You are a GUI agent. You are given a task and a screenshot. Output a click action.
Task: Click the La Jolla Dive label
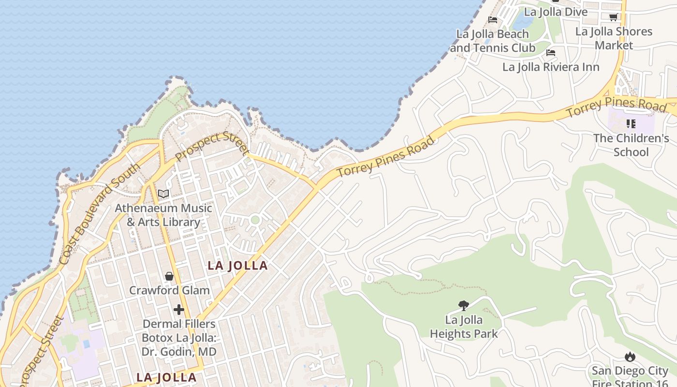pyautogui.click(x=556, y=12)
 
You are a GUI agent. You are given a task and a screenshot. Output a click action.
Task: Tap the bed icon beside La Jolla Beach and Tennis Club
pyautogui.click(x=493, y=20)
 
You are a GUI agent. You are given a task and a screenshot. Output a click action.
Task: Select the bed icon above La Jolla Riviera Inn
pyautogui.click(x=550, y=53)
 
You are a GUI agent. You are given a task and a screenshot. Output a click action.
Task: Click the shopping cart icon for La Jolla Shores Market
pyautogui.click(x=613, y=17)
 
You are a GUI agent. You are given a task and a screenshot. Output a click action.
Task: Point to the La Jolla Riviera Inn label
pyautogui.click(x=551, y=67)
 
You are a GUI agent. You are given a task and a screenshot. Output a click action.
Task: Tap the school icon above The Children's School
pyautogui.click(x=631, y=124)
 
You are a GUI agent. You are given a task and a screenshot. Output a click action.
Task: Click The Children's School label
pyautogui.click(x=631, y=145)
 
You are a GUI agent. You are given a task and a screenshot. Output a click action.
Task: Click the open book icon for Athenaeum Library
pyautogui.click(x=163, y=194)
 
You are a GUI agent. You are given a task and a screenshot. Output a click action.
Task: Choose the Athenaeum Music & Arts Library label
pyautogui.click(x=163, y=215)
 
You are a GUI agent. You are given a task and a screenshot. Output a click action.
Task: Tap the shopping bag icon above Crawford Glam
pyautogui.click(x=169, y=276)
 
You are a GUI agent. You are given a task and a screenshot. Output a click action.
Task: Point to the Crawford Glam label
pyautogui.click(x=169, y=290)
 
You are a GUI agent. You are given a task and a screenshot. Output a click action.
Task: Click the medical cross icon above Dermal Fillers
pyautogui.click(x=179, y=309)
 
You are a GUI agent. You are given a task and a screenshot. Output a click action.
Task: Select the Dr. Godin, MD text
pyautogui.click(x=179, y=352)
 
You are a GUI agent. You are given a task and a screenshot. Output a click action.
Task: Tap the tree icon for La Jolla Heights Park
pyautogui.click(x=463, y=305)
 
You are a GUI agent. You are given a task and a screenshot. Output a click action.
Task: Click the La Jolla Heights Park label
pyautogui.click(x=463, y=327)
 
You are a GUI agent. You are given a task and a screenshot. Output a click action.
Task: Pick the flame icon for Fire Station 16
pyautogui.click(x=630, y=357)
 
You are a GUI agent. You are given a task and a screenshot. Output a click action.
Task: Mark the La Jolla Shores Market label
pyautogui.click(x=614, y=38)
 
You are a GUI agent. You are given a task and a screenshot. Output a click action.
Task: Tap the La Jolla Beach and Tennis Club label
pyautogui.click(x=493, y=41)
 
